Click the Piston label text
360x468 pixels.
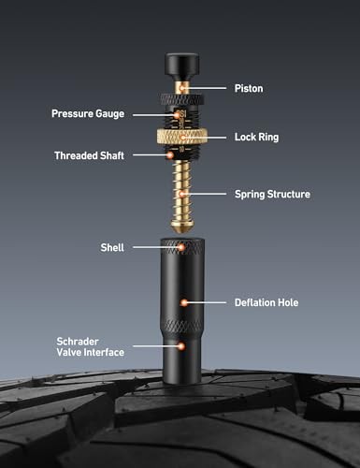(x=249, y=88)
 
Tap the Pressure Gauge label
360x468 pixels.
(x=88, y=114)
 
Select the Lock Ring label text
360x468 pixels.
(x=256, y=137)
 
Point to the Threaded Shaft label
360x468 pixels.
(x=89, y=155)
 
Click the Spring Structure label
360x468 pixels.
(x=272, y=194)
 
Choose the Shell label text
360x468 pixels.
(x=112, y=247)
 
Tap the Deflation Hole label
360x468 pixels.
(x=266, y=302)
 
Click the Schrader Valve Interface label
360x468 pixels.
(x=91, y=346)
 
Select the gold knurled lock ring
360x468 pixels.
(x=182, y=137)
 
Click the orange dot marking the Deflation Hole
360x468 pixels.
(x=184, y=302)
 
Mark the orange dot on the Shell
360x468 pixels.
(x=181, y=247)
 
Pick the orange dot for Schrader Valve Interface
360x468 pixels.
(x=180, y=346)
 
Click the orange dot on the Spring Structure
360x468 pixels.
(x=181, y=194)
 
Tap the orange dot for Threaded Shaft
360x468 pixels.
(x=170, y=154)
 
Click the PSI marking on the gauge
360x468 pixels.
(x=181, y=113)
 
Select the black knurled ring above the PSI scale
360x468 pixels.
(x=182, y=100)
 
